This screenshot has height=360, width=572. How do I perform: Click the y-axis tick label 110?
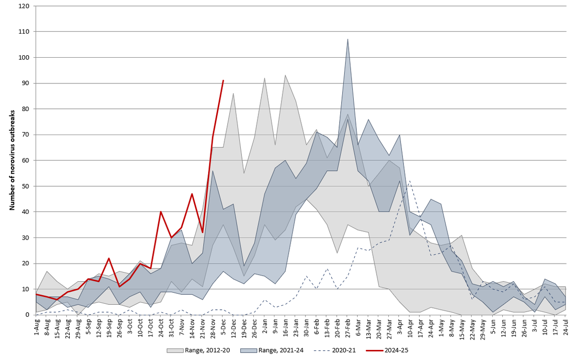tap(24, 32)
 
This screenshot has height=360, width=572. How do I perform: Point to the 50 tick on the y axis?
tap(25, 186)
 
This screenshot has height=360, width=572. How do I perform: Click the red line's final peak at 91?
tap(223, 80)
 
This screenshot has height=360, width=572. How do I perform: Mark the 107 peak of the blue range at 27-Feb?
tap(348, 39)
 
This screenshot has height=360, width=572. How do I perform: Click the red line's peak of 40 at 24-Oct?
tap(161, 212)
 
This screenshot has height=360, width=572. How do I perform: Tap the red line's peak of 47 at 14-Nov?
tap(192, 194)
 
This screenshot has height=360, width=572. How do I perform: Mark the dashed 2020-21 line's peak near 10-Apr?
tap(410, 181)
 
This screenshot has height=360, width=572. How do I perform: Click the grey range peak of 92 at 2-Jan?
tap(264, 78)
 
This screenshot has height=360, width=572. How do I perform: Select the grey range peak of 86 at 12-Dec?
tap(233, 93)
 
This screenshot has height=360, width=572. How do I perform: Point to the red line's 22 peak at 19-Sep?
tap(108, 258)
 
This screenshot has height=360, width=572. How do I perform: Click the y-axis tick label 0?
tap(28, 315)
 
